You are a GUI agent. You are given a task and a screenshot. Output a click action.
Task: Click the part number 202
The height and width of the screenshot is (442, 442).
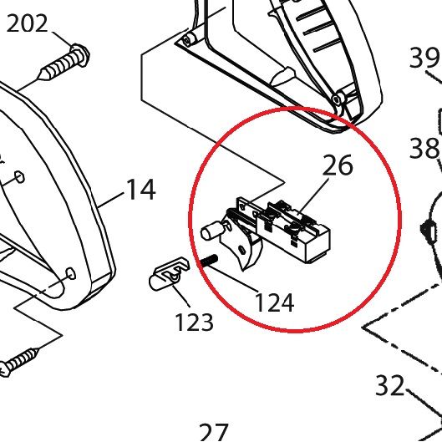click(x=27, y=23)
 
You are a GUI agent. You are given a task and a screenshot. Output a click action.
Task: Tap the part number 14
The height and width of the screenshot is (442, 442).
click(x=141, y=190)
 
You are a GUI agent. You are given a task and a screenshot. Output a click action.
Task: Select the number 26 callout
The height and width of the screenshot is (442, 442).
click(x=337, y=165)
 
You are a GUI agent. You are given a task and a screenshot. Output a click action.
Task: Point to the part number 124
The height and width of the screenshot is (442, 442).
click(x=274, y=302)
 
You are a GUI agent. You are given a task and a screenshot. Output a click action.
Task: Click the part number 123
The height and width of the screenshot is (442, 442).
click(x=194, y=322)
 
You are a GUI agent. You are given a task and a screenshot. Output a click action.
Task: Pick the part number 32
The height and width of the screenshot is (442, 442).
click(x=389, y=385)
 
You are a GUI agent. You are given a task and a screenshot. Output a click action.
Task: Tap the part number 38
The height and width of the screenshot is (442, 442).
click(x=424, y=148)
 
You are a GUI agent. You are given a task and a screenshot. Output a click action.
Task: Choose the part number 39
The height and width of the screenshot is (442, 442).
click(x=424, y=58)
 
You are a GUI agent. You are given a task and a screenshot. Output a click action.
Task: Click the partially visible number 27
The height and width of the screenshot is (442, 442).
click(x=213, y=434)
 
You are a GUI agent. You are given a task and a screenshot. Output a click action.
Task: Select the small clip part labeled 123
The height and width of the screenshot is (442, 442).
click(x=168, y=274)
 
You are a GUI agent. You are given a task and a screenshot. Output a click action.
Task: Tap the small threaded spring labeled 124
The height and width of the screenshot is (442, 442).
click(x=209, y=260)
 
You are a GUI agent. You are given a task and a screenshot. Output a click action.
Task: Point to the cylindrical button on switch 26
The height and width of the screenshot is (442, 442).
click(x=210, y=231)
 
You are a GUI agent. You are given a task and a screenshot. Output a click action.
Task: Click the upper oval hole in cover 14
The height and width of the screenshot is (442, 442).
click(x=19, y=177)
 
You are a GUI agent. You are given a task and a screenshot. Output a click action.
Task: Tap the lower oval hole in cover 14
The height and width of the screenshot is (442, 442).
click(x=70, y=274)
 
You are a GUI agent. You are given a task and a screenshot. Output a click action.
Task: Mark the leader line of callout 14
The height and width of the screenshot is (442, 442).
click(x=110, y=201)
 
